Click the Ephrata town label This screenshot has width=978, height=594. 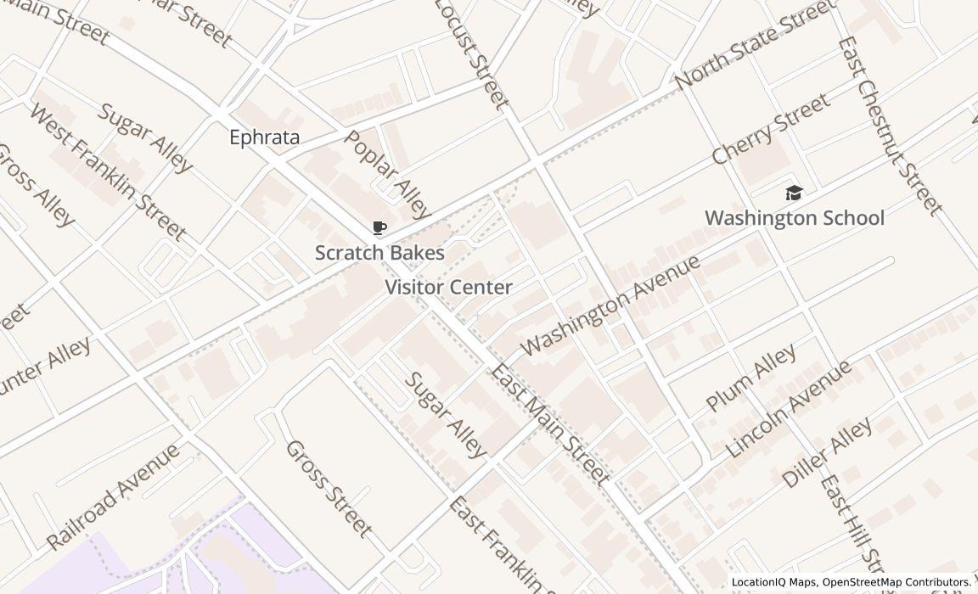264,137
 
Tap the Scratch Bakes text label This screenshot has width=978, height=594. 379,253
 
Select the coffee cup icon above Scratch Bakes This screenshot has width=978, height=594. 379,228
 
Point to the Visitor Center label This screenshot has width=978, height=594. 448,288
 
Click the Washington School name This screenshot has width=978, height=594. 794,218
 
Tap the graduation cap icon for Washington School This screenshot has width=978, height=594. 794,193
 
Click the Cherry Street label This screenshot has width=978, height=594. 770,130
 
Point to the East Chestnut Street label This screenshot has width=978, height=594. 890,126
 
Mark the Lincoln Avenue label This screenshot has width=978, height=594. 789,409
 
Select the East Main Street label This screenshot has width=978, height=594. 549,423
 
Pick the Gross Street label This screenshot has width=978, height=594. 329,489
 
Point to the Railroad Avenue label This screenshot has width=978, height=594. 113,496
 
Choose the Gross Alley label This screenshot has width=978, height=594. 35,185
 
